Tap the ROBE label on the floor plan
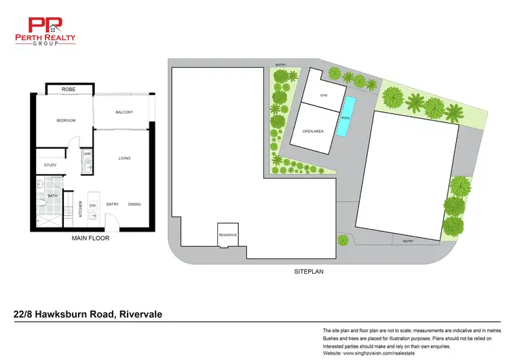[x=69, y=90]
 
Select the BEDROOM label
[x=66, y=120]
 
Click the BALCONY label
[x=124, y=112]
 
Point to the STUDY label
[x=50, y=165]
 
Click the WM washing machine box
[x=87, y=154]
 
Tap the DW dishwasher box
[x=92, y=204]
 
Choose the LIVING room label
[x=124, y=158]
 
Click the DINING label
[x=134, y=204]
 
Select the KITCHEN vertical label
[x=81, y=209]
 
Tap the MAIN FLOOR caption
[x=90, y=238]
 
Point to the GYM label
[x=324, y=96]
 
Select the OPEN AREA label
[x=312, y=131]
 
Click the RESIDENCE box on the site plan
[x=227, y=234]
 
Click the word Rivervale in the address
[x=141, y=314]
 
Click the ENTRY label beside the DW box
[x=113, y=204]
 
